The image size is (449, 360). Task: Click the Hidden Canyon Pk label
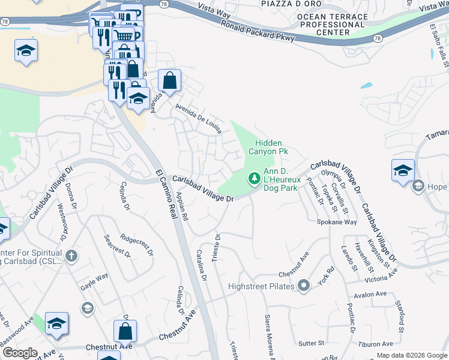271,147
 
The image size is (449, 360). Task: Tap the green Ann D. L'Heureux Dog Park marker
254,178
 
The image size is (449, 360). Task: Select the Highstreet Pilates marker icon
304,286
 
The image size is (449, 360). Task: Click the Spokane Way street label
337,222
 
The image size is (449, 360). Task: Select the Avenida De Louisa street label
199,119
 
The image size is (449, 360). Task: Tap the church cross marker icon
71,257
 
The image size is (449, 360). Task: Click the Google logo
20,353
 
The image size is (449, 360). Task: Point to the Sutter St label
312,343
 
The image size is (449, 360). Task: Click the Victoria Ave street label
381,276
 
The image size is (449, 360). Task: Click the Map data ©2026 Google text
411,355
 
